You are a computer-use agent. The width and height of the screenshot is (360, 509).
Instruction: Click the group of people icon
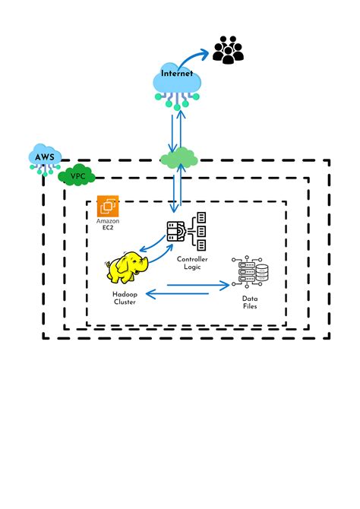pos(228,49)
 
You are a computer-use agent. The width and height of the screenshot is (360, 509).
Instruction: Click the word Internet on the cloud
pos(177,74)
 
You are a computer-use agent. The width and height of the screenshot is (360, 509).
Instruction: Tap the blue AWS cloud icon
pos(45,158)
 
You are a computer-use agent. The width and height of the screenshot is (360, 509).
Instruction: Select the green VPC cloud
pos(77,176)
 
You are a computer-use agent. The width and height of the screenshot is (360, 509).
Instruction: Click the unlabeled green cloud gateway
pos(178,158)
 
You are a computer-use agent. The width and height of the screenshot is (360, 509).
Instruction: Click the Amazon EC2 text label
pos(109,224)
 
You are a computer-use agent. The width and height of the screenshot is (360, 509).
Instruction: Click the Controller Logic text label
pos(192,264)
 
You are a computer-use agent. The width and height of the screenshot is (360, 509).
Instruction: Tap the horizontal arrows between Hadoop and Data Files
pos(187,289)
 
